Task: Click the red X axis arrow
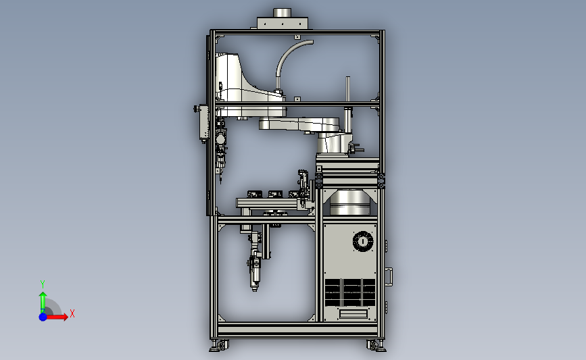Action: (x=56, y=317)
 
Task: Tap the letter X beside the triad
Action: (x=72, y=313)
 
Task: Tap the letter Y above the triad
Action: (x=43, y=284)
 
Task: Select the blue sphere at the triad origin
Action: (x=43, y=317)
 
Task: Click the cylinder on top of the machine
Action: (x=282, y=13)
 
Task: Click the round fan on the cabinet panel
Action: (x=363, y=241)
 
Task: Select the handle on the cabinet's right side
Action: (x=389, y=277)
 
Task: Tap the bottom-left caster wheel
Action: (x=220, y=345)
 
